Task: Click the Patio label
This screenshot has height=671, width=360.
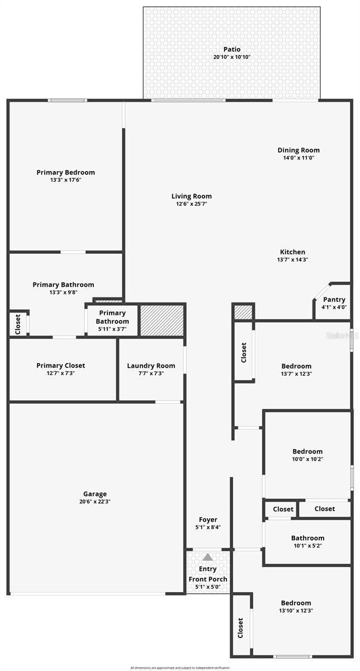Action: [x=231, y=49]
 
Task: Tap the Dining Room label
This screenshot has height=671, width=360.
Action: [x=299, y=150]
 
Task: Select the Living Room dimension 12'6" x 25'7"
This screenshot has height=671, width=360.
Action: [x=191, y=204]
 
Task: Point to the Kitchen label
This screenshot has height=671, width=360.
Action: [x=292, y=252]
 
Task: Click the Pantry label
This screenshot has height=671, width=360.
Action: [x=334, y=300]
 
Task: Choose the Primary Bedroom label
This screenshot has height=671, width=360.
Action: [x=65, y=172]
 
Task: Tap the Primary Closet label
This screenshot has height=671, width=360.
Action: [x=61, y=365]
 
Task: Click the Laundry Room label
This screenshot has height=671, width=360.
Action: [x=151, y=366]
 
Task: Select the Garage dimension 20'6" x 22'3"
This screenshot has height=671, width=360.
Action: [x=95, y=502]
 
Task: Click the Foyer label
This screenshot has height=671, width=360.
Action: [x=208, y=519]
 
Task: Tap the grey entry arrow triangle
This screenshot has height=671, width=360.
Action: [x=208, y=557]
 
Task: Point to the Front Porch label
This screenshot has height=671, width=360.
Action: [x=208, y=579]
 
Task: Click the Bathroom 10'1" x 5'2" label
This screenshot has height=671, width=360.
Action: [x=307, y=538]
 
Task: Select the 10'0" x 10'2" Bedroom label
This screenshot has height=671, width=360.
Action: [x=307, y=451]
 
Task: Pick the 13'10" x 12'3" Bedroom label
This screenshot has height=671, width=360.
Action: [x=296, y=603]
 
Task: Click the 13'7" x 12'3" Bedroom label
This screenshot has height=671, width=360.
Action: [x=296, y=366]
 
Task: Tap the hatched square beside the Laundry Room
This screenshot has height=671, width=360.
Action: [x=162, y=320]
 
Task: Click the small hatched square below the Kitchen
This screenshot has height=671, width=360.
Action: [x=243, y=312]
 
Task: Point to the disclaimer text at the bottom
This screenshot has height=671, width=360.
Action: [x=180, y=668]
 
